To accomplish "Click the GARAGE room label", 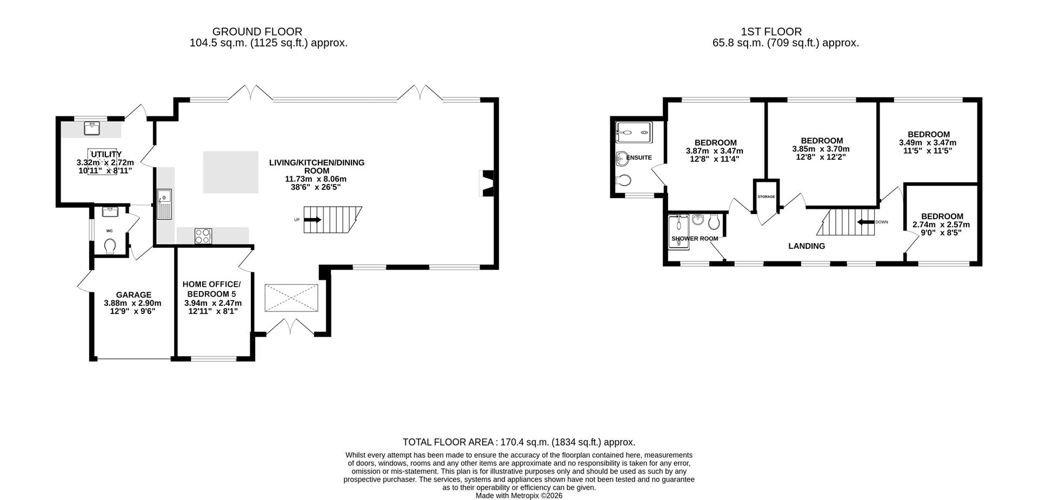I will (134, 295).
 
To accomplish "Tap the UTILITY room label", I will (106, 154).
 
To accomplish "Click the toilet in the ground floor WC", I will (110, 246).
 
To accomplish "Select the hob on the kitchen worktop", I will (203, 236).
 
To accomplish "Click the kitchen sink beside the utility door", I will (164, 205).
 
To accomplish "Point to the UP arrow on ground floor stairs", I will (312, 220).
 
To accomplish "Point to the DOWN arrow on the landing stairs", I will (866, 222).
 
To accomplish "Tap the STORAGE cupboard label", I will (766, 196).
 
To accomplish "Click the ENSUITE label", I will (638, 157).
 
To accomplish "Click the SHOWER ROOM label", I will (695, 238).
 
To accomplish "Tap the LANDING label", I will (806, 246).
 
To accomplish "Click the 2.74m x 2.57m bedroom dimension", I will (941, 225).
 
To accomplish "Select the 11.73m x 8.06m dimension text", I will (317, 179).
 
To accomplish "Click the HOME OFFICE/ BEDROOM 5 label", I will (212, 289).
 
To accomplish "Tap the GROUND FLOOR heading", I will (257, 32).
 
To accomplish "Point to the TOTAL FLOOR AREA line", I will (518, 442).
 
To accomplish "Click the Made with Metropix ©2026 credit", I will (518, 495).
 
